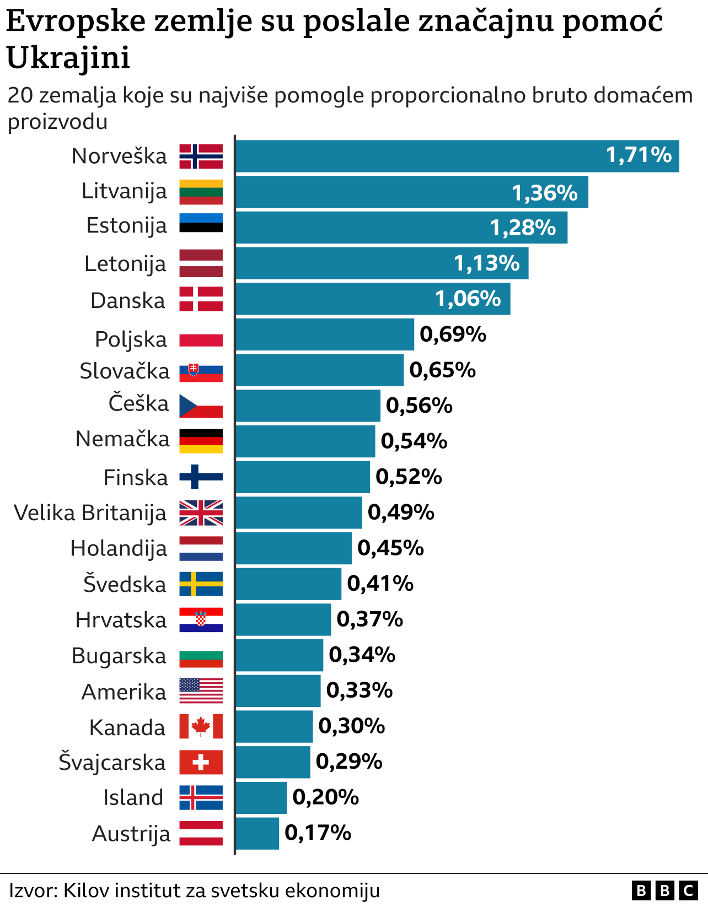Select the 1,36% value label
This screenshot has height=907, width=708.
[x=545, y=192]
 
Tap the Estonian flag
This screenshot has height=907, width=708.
[x=201, y=223]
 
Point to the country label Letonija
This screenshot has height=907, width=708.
[x=125, y=263]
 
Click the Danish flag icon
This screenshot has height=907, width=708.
[x=201, y=299]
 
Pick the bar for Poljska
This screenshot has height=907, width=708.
[x=325, y=334]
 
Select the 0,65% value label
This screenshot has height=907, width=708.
[x=442, y=370]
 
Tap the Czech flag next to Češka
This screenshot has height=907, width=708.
[x=201, y=406]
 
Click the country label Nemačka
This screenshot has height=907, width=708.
[x=122, y=439]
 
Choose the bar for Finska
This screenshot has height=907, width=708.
[x=303, y=477]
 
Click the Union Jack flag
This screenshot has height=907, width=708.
[x=201, y=512]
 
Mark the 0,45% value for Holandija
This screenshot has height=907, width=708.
[x=390, y=548]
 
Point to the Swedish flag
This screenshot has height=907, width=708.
[x=201, y=584]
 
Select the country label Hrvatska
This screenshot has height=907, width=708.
[x=121, y=620]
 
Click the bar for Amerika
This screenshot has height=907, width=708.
[x=278, y=691]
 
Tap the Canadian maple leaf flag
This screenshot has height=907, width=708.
[x=201, y=726]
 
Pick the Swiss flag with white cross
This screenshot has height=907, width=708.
[x=201, y=762]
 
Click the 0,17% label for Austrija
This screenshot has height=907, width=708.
[x=318, y=833]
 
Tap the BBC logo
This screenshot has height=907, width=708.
[x=664, y=890]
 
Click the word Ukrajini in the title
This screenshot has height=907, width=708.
[x=68, y=57]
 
